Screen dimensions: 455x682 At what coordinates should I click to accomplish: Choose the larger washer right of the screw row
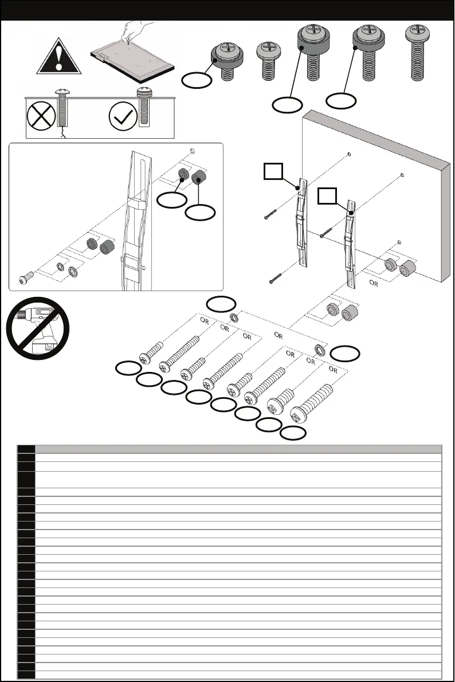[x=319, y=350]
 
